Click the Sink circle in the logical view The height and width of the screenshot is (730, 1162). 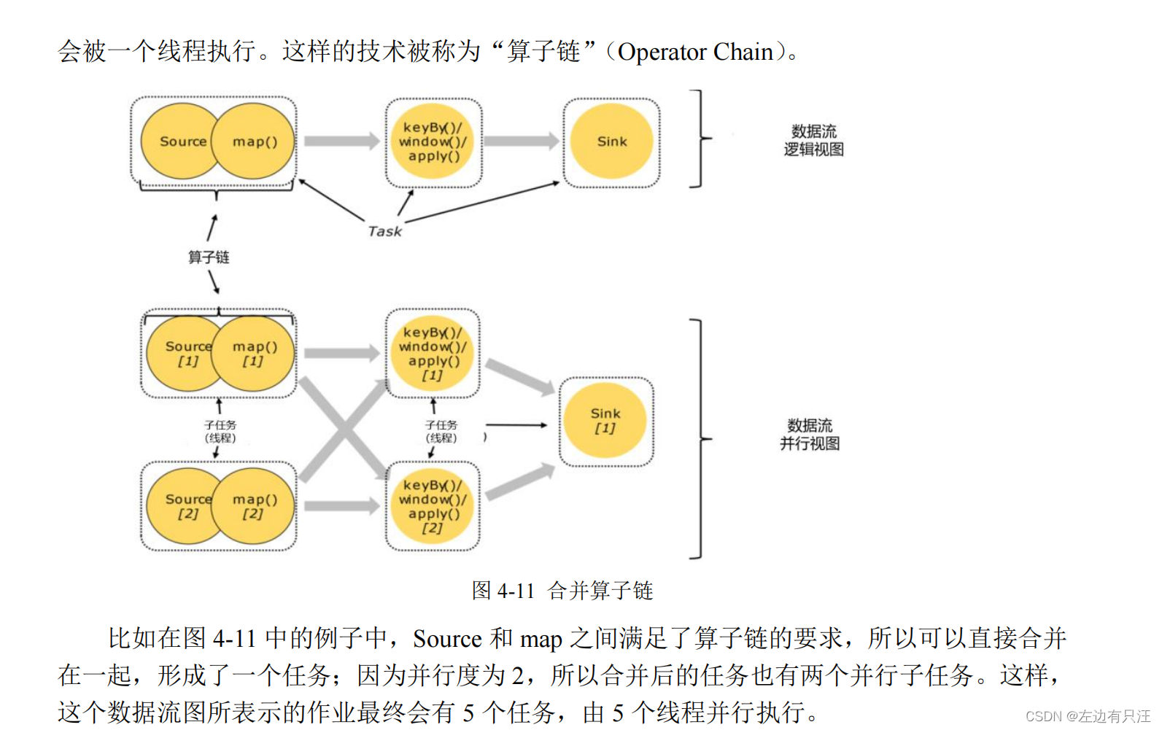point(611,141)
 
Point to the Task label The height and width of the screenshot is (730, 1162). point(384,231)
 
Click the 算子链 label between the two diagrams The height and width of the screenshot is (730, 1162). point(209,257)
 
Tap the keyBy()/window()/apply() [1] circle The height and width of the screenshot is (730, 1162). point(433,354)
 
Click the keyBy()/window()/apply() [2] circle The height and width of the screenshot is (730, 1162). point(433,506)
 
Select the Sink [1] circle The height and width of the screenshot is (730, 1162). point(605,421)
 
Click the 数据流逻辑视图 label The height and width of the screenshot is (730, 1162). point(813,141)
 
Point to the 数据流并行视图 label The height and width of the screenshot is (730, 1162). point(810,435)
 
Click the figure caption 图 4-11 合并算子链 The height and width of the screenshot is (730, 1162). point(562,590)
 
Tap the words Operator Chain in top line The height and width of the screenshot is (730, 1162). point(695,52)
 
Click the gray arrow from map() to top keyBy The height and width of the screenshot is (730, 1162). point(341,141)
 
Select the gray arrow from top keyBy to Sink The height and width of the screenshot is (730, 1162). point(521,141)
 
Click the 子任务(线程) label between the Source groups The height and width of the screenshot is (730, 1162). point(220,431)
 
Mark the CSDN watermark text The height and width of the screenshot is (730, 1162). point(1087,716)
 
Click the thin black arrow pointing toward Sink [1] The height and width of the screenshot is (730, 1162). point(516,424)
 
